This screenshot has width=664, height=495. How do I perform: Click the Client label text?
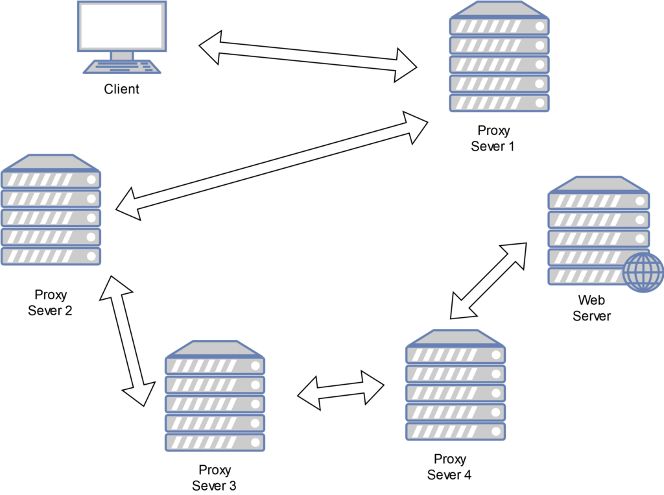pyautogui.click(x=121, y=89)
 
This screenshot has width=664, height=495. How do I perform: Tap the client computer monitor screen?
pyautogui.click(x=121, y=25)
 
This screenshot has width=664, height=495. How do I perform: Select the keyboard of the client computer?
pyautogui.click(x=121, y=67)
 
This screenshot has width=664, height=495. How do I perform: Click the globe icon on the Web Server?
pyautogui.click(x=643, y=271)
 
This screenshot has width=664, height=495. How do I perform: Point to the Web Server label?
pyautogui.click(x=592, y=308)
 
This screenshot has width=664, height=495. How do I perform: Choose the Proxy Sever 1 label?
pyautogui.click(x=493, y=138)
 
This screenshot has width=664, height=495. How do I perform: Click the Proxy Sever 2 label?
pyautogui.click(x=50, y=302)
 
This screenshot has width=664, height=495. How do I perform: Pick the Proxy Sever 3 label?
pyautogui.click(x=214, y=477)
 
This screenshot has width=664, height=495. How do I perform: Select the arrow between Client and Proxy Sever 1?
pyautogui.click(x=308, y=55)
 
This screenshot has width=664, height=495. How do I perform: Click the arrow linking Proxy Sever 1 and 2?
pyautogui.click(x=271, y=165)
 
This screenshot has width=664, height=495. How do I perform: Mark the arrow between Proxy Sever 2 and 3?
pyautogui.click(x=128, y=341)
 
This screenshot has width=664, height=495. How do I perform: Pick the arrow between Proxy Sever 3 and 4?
pyautogui.click(x=340, y=390)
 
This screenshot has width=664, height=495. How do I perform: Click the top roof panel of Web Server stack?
pyautogui.click(x=598, y=184)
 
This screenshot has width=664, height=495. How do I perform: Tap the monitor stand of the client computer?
pyautogui.click(x=121, y=56)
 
